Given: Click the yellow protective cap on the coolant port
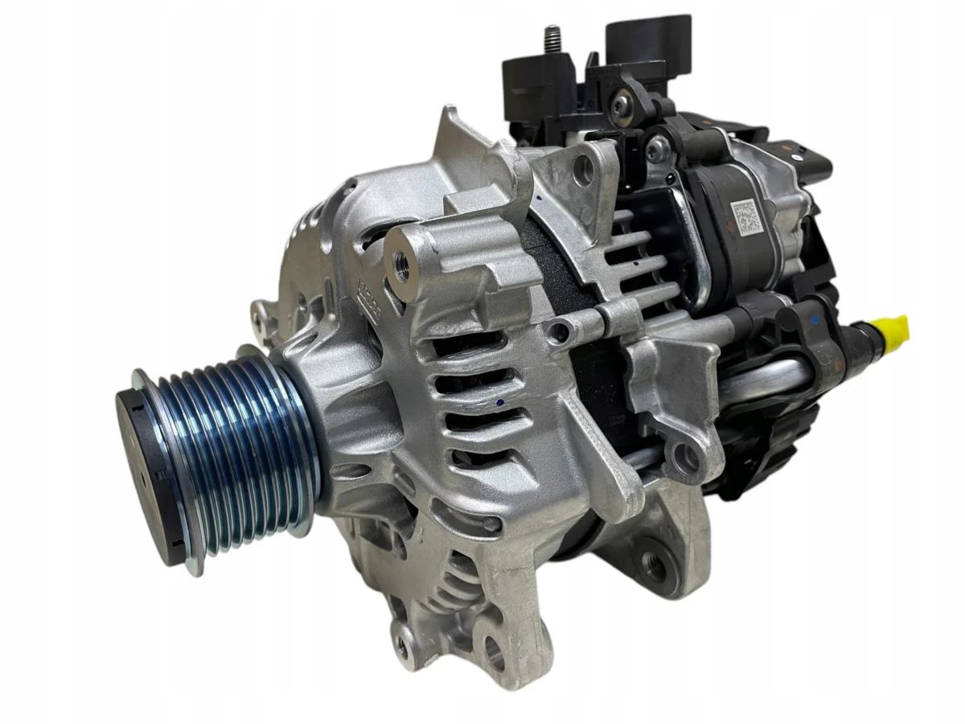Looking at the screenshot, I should pos(893,327).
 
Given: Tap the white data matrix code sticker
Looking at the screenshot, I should pos(746,216).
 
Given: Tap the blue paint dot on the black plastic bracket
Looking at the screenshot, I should pos(815,319).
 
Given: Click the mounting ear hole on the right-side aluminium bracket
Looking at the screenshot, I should pos(685,458).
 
